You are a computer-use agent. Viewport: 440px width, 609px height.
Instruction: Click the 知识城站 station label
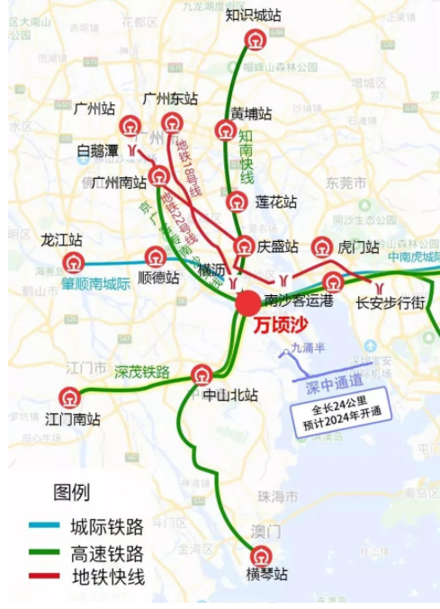[254, 15]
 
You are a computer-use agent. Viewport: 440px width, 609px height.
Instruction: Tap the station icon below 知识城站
[255, 40]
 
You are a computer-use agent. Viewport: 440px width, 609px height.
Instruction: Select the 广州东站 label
[170, 99]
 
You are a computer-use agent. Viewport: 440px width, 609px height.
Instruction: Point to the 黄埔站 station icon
[226, 130]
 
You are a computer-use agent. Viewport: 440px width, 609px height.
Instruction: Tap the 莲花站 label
[275, 202]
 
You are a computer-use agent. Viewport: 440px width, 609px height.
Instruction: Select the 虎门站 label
[358, 247]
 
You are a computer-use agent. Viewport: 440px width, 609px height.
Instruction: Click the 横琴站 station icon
[261, 557]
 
